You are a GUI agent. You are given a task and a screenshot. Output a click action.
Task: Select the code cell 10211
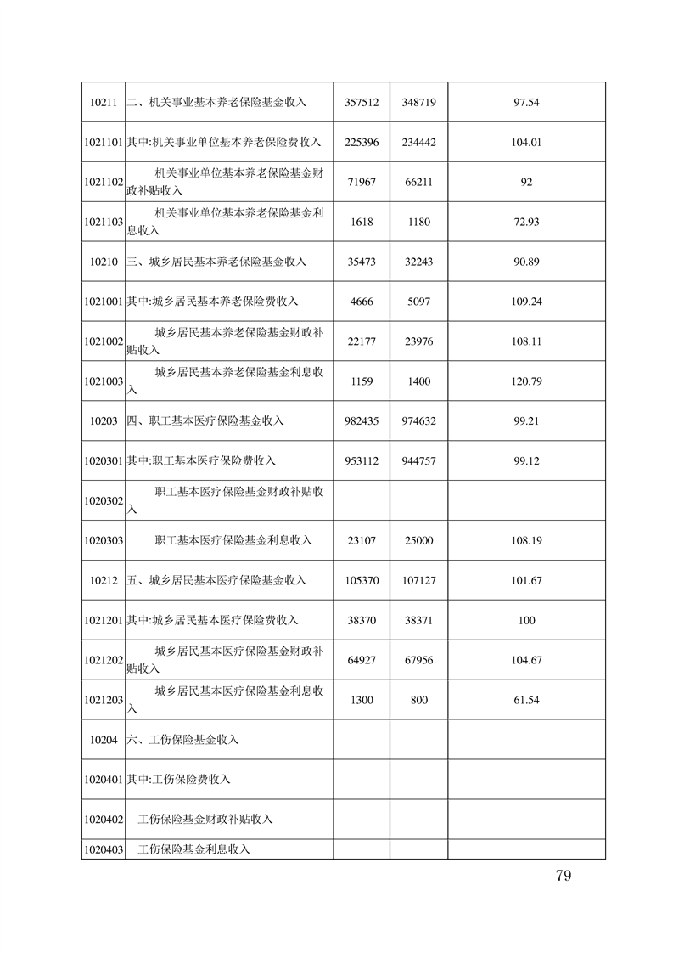pos(103,102)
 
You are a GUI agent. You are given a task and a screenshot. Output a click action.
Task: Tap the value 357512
pos(362,102)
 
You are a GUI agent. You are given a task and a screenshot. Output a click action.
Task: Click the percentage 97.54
pos(526,102)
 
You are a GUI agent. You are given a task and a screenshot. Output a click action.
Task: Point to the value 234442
pos(418,142)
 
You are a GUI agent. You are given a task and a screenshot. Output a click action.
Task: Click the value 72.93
pos(526,222)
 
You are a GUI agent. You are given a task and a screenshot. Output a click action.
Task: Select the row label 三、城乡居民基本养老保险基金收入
pos(216,262)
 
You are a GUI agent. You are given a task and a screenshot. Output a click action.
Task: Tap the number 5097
pos(418,302)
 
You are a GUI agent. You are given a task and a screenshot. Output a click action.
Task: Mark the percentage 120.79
pos(526,381)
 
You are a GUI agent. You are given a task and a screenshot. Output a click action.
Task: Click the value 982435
pos(362,421)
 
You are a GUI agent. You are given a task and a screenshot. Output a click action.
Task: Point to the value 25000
pos(418,540)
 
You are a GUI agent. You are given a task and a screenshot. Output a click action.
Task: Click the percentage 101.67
pos(526,580)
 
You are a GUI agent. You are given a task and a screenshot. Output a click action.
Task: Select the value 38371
pos(418,620)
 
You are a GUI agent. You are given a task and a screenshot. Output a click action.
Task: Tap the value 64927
pos(362,660)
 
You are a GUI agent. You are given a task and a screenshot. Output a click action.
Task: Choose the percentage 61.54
pos(526,700)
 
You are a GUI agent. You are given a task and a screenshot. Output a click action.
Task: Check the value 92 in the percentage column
pos(526,182)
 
